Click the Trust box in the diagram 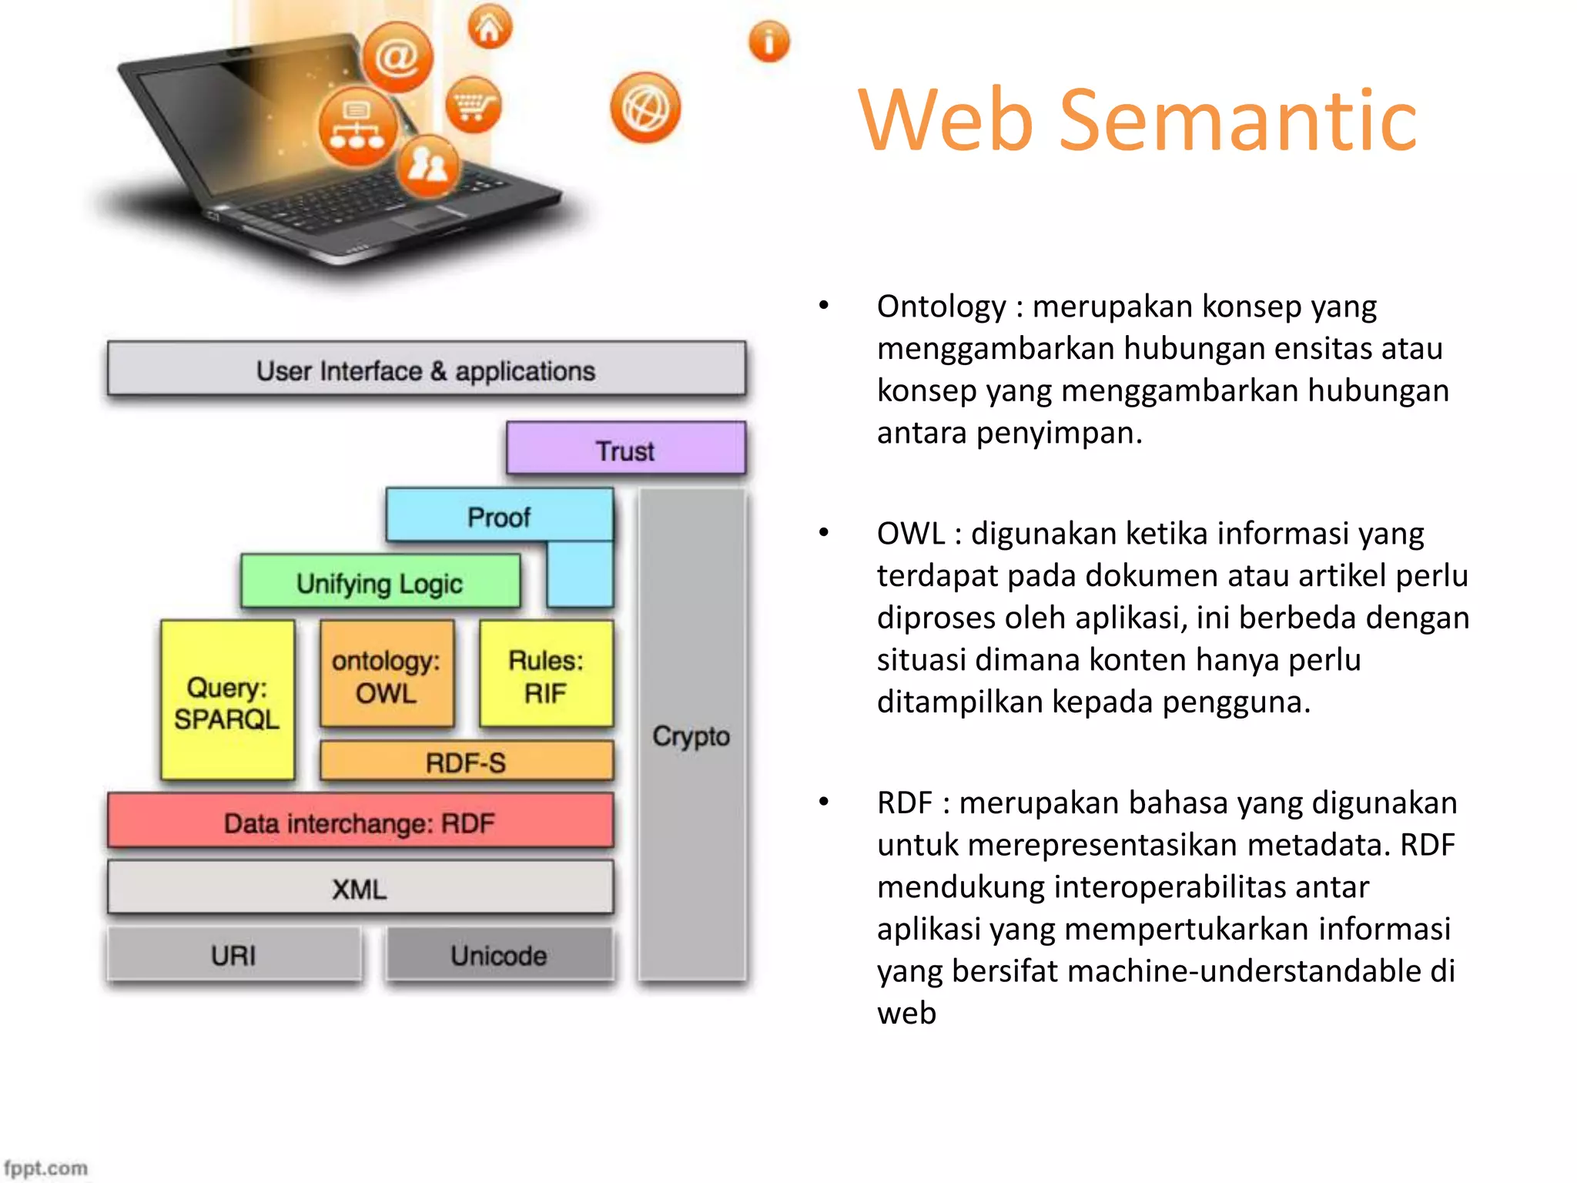(x=625, y=449)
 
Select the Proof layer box (x=499, y=516)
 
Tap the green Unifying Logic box (x=380, y=582)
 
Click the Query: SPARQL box (x=227, y=702)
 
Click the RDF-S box (x=466, y=762)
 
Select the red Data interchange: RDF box (x=360, y=823)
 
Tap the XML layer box (x=360, y=888)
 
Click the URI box (x=233, y=955)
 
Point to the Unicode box (x=499, y=955)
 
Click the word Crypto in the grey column (x=691, y=736)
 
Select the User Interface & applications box (x=426, y=370)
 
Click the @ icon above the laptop (x=397, y=57)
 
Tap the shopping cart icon (x=473, y=105)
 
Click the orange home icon (x=490, y=28)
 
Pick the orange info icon (x=768, y=42)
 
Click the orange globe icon (x=645, y=108)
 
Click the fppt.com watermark (x=45, y=1168)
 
